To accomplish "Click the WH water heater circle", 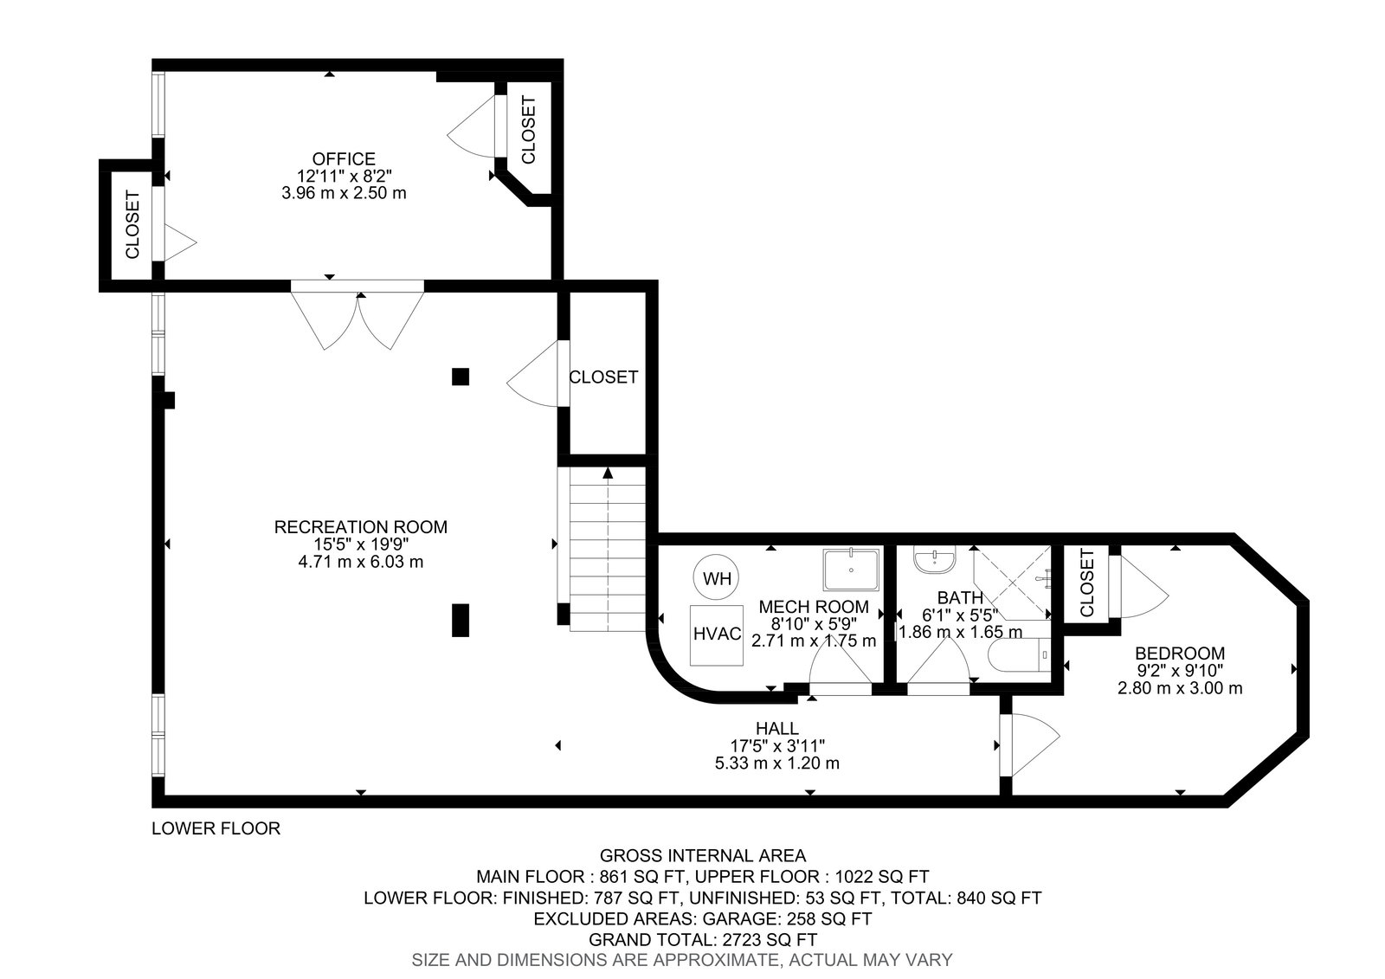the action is (717, 577).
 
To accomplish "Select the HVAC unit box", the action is (717, 634).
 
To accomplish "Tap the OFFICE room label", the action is (343, 159).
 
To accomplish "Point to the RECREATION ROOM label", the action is (360, 527).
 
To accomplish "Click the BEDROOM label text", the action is (1180, 653).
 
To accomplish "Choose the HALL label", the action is (777, 728).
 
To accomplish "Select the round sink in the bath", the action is (935, 560).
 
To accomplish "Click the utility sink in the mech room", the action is (851, 570).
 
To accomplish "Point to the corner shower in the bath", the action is (1012, 583).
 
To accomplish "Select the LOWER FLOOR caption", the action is (216, 828).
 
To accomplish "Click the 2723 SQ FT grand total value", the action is (770, 939).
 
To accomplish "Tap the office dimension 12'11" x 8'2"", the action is (344, 177).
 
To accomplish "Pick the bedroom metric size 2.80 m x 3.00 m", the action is (1180, 687).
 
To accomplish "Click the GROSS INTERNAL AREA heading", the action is (703, 855).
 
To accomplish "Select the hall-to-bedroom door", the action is (1029, 744).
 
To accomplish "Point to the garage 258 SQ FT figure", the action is (829, 918).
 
